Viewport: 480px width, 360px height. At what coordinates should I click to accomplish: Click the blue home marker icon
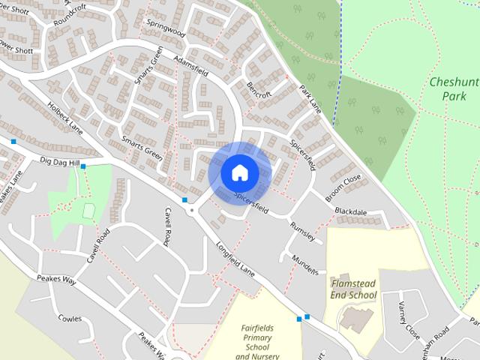pos(239,172)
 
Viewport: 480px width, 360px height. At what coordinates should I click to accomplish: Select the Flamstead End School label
pos(353,289)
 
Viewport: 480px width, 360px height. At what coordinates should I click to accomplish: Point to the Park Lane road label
pos(310,98)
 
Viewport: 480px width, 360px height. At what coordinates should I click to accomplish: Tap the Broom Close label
pos(343,187)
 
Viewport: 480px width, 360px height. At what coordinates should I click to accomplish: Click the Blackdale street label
pos(351,212)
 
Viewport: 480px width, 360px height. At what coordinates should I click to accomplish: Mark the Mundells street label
pos(306,264)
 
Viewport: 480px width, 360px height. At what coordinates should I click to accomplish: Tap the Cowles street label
pos(70,318)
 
